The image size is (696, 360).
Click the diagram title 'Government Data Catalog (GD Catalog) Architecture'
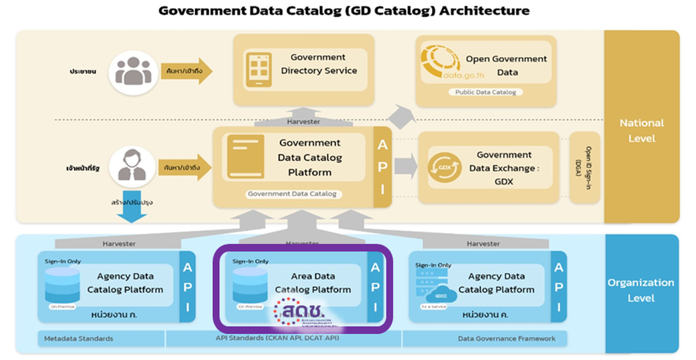point(344,11)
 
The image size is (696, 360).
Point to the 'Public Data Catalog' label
point(485,92)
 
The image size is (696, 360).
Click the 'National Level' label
point(642,130)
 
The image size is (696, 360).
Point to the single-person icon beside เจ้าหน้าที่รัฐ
point(132,166)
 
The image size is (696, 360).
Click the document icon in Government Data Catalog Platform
point(245,157)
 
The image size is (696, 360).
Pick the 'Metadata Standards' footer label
point(79,338)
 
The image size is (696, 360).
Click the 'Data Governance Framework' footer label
point(507,338)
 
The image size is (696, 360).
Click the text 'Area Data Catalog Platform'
point(313,283)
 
